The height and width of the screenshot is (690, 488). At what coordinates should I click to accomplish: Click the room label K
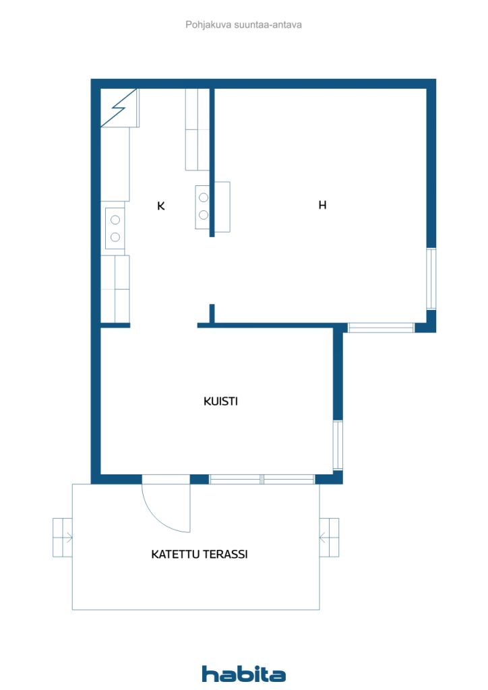coord(161,206)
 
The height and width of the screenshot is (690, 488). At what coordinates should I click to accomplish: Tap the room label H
coord(323,205)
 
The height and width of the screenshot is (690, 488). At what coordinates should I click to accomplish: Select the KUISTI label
coord(220,402)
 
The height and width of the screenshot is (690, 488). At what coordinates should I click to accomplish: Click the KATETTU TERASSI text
coord(200,554)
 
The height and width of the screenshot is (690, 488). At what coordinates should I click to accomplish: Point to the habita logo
coord(244,673)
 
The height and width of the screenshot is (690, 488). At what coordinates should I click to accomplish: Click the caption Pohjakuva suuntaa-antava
coord(243,25)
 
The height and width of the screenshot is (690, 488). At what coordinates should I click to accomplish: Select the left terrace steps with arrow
coord(63,537)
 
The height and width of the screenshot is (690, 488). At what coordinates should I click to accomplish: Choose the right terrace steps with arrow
coord(329,537)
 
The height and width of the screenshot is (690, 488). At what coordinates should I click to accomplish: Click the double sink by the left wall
coord(115,228)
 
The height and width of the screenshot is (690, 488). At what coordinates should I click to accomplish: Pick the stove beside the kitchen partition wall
coord(203,206)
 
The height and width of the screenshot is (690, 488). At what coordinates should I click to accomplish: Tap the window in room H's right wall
coord(431,279)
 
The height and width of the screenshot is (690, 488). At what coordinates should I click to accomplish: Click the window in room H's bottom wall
coord(381,327)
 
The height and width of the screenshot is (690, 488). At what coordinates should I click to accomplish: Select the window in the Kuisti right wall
coord(338,445)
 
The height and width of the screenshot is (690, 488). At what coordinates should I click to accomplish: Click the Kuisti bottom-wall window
coord(262,479)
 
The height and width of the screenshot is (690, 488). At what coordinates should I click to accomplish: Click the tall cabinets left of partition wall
coord(197,129)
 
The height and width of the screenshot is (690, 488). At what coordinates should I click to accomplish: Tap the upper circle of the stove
coord(204,197)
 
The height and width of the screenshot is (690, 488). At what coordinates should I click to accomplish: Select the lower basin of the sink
coord(115,237)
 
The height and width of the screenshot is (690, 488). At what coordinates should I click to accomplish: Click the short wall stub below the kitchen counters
coord(115,325)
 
